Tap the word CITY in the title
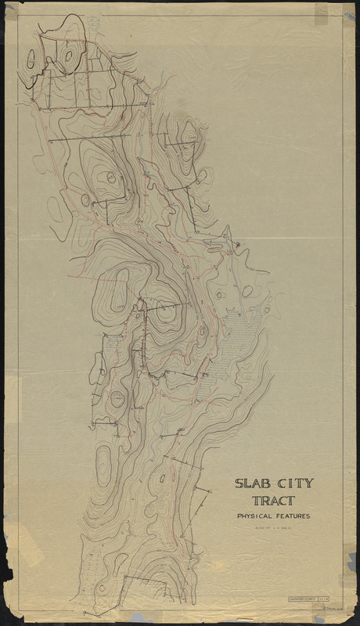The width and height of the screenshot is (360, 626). tap(293, 484)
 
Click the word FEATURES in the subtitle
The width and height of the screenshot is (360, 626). tap(293, 516)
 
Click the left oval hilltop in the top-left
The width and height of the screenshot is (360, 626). tap(31, 59)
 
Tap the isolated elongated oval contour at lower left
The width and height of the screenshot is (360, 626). tap(103, 461)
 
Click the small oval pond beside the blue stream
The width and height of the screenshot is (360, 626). tap(247, 291)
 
